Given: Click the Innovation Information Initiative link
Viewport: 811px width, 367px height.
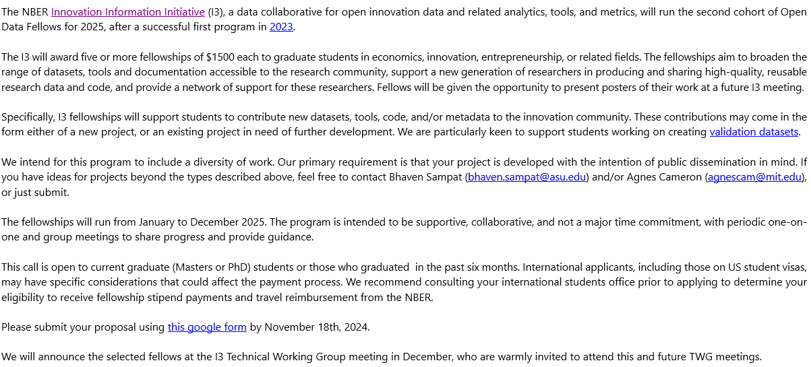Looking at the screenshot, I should pos(127,12).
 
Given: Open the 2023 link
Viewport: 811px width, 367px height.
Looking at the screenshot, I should pos(281,27).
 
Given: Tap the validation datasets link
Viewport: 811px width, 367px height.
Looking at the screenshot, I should pos(754,132).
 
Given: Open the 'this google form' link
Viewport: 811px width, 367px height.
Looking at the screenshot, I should pos(207,327).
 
